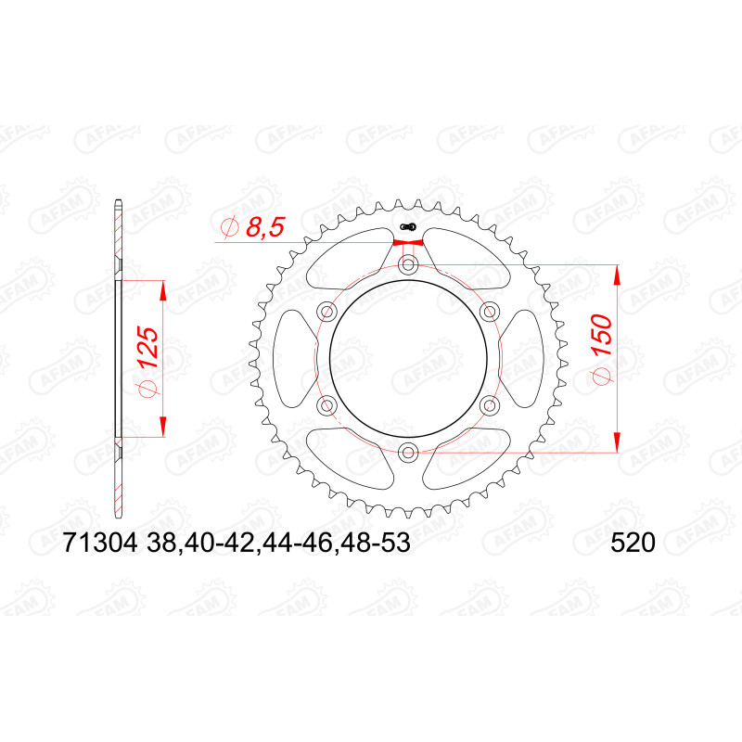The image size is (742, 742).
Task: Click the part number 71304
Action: click(x=100, y=543)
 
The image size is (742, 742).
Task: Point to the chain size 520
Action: click(x=633, y=543)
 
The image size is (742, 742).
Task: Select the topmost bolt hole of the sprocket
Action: click(x=407, y=264)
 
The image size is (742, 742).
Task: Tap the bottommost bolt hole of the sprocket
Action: click(x=407, y=453)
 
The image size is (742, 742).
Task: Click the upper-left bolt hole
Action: click(x=326, y=312)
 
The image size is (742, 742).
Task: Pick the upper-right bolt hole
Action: click(x=489, y=312)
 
